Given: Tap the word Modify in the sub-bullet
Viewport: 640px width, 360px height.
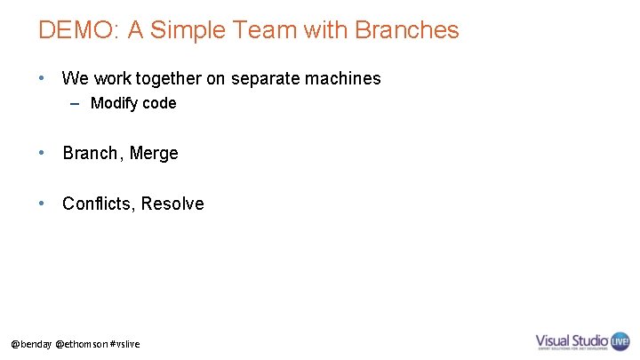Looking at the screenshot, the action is [114, 103].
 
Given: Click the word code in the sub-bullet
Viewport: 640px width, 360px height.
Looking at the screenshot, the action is [158, 103].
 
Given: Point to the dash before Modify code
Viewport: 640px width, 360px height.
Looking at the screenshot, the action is [77, 103].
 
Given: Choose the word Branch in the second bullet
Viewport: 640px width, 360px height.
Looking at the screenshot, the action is [90, 153].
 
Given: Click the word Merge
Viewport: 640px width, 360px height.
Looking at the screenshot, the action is [154, 153].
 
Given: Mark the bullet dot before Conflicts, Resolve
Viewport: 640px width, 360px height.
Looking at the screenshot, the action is [42, 204].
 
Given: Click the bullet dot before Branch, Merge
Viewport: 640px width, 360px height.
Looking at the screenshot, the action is [42, 153].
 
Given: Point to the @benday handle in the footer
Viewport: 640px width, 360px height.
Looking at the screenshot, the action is [30, 343].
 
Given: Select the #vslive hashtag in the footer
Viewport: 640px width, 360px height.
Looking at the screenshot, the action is [125, 343].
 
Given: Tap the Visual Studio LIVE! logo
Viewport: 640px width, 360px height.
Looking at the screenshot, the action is [582, 341].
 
